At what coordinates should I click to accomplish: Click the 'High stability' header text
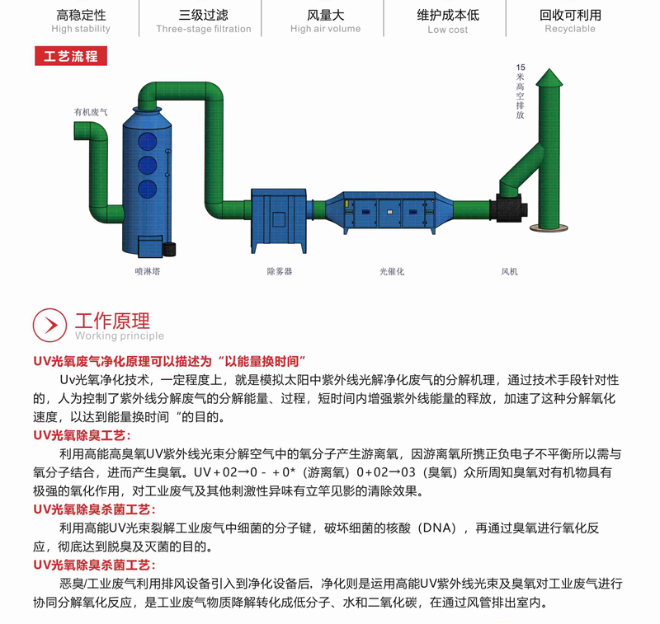click(x=80, y=29)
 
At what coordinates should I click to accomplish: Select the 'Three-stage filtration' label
click(x=203, y=29)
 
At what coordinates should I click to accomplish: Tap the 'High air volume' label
click(x=325, y=29)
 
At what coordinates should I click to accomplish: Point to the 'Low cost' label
click(x=447, y=30)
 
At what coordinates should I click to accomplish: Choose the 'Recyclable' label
click(x=569, y=29)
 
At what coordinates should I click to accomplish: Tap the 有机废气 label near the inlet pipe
click(x=90, y=111)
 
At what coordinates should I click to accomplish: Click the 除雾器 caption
click(x=279, y=270)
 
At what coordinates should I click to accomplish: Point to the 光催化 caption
click(x=392, y=270)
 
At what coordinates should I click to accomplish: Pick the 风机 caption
click(x=509, y=270)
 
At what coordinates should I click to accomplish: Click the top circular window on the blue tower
click(x=147, y=139)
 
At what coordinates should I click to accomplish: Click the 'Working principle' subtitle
click(x=120, y=335)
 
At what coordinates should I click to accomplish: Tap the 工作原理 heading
click(x=112, y=320)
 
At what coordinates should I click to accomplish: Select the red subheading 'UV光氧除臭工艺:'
click(x=82, y=434)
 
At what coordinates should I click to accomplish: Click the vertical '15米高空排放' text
click(x=520, y=91)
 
